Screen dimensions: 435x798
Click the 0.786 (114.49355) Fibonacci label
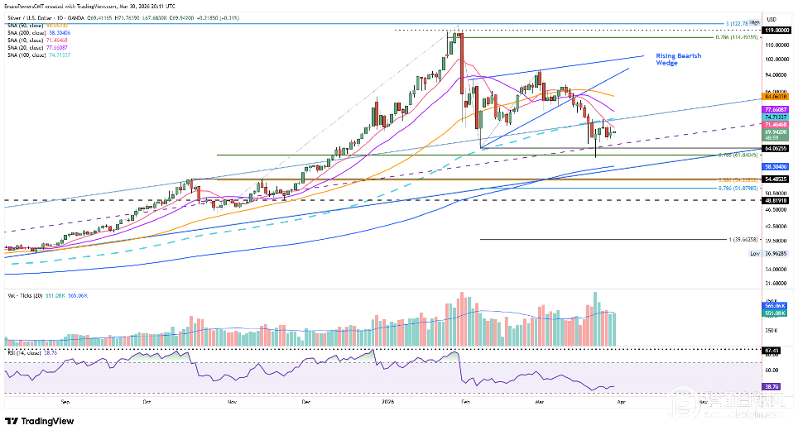(x=736, y=37)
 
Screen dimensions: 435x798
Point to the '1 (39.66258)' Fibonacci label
(x=743, y=240)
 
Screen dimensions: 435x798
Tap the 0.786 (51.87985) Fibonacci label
(x=736, y=189)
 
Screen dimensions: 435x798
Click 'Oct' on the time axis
(x=147, y=401)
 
